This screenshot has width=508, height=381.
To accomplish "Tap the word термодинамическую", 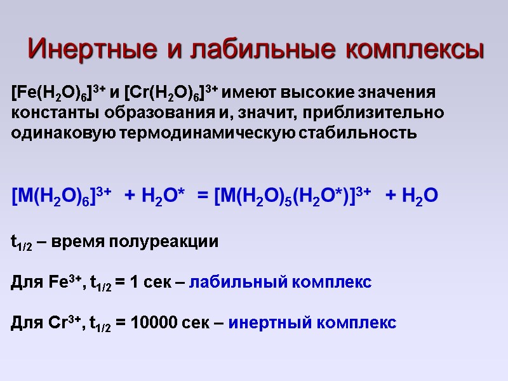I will click(x=231, y=133).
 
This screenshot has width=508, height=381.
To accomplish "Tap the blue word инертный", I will click(x=262, y=323).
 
